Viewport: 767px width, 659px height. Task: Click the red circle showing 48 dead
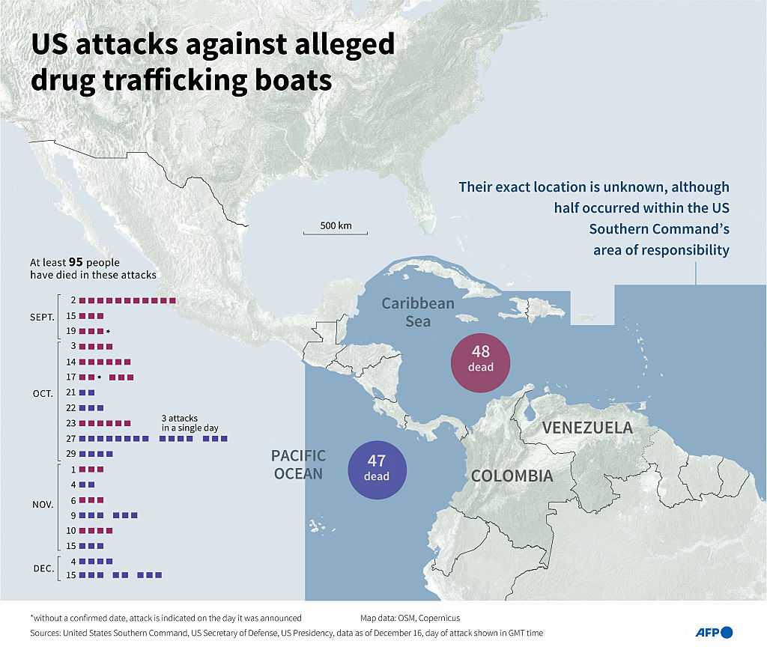[x=481, y=362]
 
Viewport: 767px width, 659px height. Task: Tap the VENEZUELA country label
[x=587, y=428]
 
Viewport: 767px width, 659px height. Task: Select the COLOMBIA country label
[x=512, y=476]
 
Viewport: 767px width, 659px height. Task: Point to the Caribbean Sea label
[x=418, y=312]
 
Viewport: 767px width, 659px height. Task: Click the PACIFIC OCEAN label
[x=298, y=464]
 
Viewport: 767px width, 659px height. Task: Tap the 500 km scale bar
[x=336, y=230]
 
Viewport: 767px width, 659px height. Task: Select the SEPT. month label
[x=42, y=316]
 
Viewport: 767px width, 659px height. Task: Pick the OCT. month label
[x=43, y=392]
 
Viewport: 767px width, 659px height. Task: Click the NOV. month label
[x=43, y=505]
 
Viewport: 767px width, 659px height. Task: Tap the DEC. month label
[x=43, y=568]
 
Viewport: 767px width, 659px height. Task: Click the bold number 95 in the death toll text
[x=76, y=263]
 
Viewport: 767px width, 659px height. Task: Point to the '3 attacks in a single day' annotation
[x=190, y=422]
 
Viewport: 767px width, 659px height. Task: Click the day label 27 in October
[x=70, y=439]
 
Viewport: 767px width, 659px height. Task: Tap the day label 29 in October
[x=70, y=454]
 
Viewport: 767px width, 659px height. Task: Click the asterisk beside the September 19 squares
[x=108, y=332]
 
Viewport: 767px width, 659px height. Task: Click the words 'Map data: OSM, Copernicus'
[x=410, y=618]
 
